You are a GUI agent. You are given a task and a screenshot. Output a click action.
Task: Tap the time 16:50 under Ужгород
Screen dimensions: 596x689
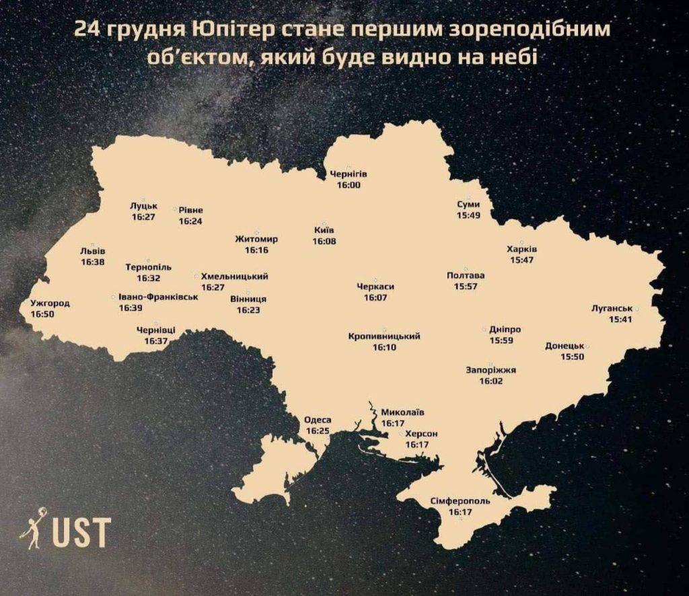point(42,314)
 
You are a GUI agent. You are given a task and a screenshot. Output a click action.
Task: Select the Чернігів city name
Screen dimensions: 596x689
point(349,174)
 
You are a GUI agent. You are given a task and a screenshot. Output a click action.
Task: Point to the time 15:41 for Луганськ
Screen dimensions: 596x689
point(620,320)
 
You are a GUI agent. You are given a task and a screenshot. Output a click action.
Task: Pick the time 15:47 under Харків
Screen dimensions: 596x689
point(521,260)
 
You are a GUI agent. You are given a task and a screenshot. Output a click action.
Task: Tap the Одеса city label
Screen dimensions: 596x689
point(318,420)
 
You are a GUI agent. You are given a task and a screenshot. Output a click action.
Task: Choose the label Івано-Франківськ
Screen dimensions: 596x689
point(158,297)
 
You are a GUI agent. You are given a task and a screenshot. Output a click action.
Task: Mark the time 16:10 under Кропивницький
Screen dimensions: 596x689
point(384,348)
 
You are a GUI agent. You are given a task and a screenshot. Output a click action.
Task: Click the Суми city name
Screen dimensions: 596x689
point(468,204)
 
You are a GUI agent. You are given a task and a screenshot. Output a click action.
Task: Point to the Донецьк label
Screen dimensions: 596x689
point(564,346)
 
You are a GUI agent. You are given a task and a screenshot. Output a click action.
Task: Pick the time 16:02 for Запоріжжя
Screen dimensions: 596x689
point(491,381)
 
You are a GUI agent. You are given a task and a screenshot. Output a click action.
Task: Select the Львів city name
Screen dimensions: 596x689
point(92,251)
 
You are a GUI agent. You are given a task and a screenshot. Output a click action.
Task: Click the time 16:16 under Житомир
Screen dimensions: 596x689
point(256,250)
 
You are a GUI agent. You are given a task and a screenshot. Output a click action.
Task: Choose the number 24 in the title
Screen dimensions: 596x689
point(85,30)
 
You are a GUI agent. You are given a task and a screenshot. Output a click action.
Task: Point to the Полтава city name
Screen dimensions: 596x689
point(466,276)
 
